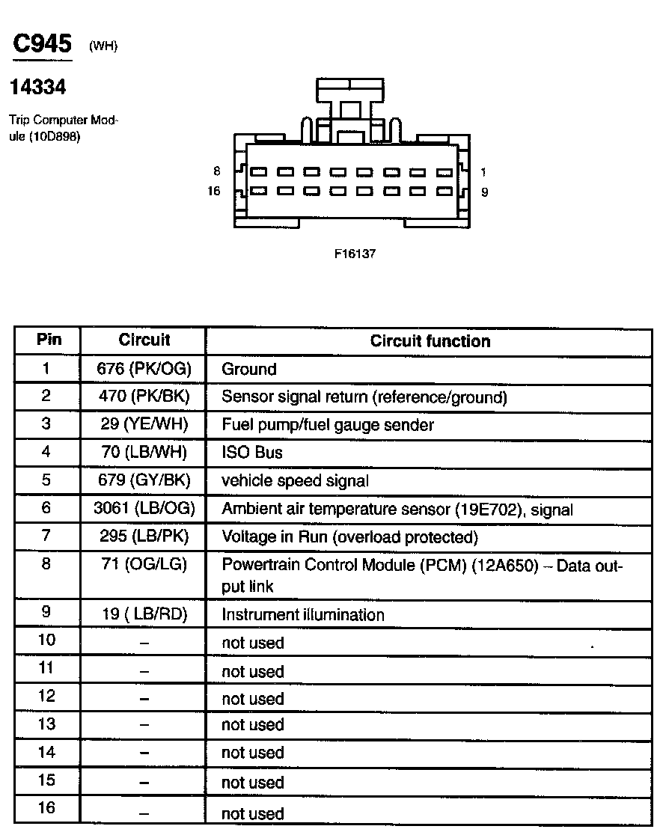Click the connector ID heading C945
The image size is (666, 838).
[42, 44]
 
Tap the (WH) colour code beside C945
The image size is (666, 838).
[103, 46]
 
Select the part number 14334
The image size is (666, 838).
[37, 88]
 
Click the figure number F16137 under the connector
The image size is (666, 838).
[355, 254]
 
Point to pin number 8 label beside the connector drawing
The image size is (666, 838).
[216, 171]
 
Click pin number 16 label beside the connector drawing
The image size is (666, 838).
[214, 192]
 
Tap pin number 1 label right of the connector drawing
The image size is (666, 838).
[483, 172]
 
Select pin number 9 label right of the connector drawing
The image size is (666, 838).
[484, 192]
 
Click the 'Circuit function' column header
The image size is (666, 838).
[430, 341]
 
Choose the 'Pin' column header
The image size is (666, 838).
[49, 340]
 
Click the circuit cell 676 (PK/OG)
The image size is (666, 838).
[144, 369]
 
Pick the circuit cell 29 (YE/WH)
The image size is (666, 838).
[144, 425]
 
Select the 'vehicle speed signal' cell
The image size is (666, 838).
[295, 481]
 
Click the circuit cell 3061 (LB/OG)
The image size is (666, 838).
[144, 510]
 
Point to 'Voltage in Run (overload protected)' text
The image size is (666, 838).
[349, 537]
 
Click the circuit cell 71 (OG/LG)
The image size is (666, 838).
[144, 566]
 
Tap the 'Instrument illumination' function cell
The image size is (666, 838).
[303, 615]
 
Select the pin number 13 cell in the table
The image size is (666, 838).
[46, 724]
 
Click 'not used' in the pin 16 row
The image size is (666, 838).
[253, 814]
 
